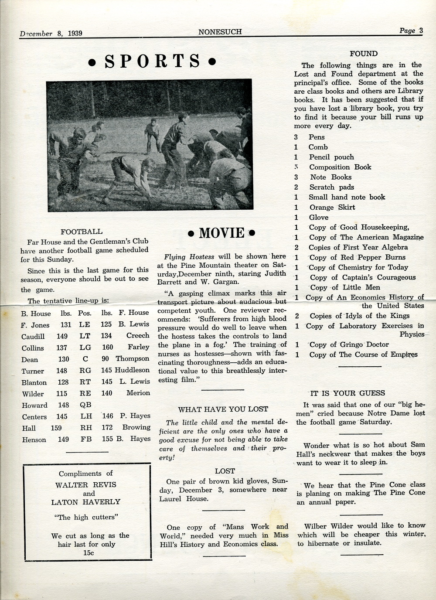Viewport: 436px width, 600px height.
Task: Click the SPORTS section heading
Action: click(152, 61)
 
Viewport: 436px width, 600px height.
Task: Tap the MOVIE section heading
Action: click(221, 233)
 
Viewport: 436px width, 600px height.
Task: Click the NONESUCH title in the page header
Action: click(220, 32)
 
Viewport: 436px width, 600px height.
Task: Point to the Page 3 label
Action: click(411, 31)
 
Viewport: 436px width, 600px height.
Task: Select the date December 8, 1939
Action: click(51, 34)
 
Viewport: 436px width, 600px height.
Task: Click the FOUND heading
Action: click(363, 54)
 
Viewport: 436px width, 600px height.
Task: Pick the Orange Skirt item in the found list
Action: click(332, 208)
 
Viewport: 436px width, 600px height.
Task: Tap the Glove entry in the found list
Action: click(319, 218)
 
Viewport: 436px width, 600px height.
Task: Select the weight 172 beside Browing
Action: click(107, 427)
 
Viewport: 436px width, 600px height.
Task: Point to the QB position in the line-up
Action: click(85, 405)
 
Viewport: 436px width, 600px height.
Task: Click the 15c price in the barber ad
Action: click(89, 553)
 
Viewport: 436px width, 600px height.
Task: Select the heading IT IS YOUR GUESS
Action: click(347, 393)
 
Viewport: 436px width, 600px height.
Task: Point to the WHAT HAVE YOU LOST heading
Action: click(223, 409)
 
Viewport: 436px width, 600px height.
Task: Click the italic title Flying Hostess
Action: click(183, 257)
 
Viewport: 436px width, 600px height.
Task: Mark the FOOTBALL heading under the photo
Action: click(82, 232)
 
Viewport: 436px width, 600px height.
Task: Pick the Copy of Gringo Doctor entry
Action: click(349, 344)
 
